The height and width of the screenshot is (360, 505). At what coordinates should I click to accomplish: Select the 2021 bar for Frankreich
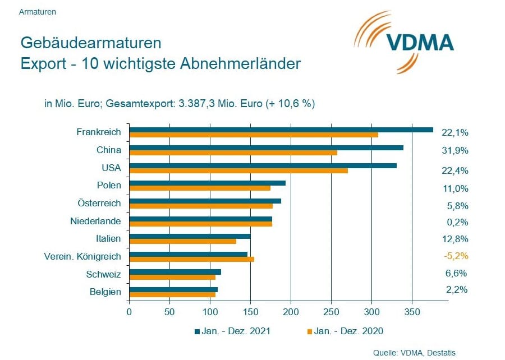(x=281, y=130)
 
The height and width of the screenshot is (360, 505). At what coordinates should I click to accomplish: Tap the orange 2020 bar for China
(x=233, y=153)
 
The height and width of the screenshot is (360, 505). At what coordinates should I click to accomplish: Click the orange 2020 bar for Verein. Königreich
(x=191, y=259)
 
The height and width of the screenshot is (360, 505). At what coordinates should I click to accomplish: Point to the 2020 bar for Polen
(x=200, y=188)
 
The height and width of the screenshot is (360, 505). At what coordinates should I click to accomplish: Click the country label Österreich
(x=99, y=202)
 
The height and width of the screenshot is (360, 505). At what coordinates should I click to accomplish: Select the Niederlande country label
(x=95, y=221)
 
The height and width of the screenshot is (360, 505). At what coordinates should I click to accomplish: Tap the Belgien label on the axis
(x=105, y=292)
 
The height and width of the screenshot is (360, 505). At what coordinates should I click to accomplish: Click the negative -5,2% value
(x=455, y=256)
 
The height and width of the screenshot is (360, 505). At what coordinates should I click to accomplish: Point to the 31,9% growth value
(x=455, y=150)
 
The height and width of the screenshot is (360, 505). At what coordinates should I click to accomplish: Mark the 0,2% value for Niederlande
(x=457, y=222)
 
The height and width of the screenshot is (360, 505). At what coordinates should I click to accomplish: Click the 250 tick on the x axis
(x=331, y=311)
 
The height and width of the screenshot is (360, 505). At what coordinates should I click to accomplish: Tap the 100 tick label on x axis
(x=210, y=311)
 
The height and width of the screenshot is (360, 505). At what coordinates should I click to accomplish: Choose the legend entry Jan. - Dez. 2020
(x=345, y=331)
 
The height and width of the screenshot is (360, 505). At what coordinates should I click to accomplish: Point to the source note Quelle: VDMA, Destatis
(x=414, y=352)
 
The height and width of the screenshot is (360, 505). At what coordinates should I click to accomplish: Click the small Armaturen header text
(x=37, y=11)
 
